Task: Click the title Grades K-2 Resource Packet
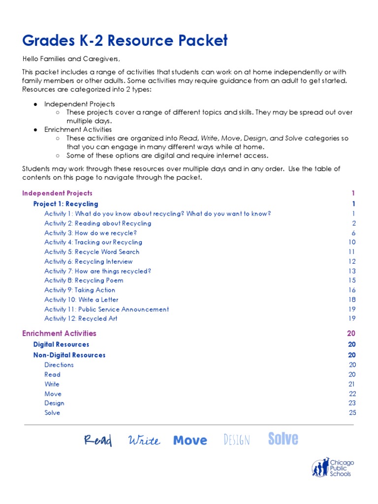click(125, 40)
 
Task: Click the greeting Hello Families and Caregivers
click(71, 60)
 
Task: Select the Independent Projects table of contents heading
click(57, 193)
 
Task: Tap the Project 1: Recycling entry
click(65, 204)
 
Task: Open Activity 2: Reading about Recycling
click(97, 223)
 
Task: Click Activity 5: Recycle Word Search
click(92, 252)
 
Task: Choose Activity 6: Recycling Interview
click(88, 262)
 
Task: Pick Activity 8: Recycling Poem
click(84, 281)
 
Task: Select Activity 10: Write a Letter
click(81, 300)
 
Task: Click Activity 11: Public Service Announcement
click(106, 310)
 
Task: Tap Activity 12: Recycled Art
click(81, 319)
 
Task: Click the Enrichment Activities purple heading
click(59, 334)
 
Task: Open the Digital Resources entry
click(61, 345)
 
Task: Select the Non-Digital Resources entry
click(69, 355)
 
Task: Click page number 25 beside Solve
click(352, 413)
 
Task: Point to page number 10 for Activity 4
click(351, 242)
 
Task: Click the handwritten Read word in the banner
click(97, 441)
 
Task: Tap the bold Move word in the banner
click(190, 441)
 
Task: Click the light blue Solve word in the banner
click(283, 439)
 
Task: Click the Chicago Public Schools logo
click(333, 468)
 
